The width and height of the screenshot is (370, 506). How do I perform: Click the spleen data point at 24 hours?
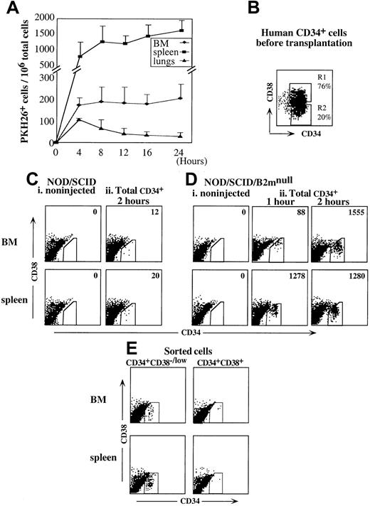[181, 31]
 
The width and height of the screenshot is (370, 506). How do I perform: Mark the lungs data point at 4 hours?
[78, 120]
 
